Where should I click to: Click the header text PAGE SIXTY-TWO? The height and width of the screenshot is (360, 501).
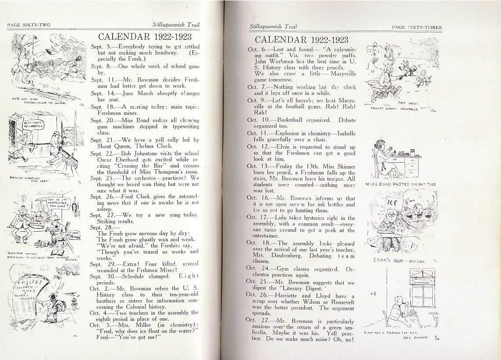(29, 25)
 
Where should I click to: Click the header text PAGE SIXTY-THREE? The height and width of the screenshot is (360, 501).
(417, 27)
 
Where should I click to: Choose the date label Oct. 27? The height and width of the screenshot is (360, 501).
(256, 321)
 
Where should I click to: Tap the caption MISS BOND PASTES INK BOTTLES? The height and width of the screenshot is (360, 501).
(401, 184)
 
